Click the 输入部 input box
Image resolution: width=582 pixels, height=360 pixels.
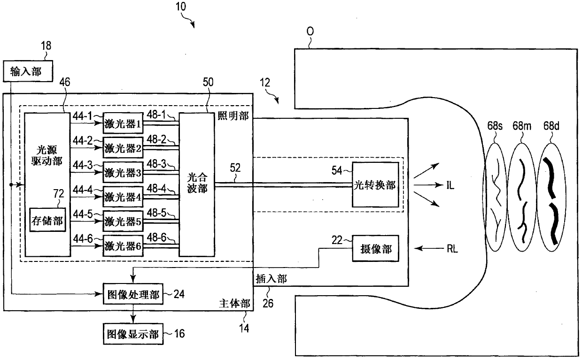[x=28, y=71]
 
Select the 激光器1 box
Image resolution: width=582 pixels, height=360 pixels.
[x=123, y=123]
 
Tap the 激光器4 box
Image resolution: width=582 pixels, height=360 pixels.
[x=123, y=197]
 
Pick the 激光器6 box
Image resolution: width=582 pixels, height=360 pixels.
[x=123, y=246]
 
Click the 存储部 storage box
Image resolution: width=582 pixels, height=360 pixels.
[x=47, y=220]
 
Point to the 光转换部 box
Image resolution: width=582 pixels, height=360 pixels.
[x=375, y=185]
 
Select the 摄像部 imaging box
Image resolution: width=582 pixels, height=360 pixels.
[x=375, y=248]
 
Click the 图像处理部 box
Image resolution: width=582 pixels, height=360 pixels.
[x=133, y=294]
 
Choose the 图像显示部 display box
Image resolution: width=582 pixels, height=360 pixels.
[x=133, y=334]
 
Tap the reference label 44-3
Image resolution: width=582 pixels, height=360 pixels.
[x=83, y=165]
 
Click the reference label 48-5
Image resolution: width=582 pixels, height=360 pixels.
[x=156, y=213]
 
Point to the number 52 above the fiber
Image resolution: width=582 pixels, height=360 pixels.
[x=235, y=168]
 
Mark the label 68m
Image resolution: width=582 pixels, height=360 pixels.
[x=522, y=126]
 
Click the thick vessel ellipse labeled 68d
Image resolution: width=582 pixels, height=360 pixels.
[x=551, y=197]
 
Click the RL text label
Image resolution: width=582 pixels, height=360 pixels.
[x=452, y=249]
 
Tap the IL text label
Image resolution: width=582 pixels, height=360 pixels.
[x=450, y=185]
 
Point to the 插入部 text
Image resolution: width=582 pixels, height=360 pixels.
[x=271, y=279]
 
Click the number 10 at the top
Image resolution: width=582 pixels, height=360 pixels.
[x=181, y=7]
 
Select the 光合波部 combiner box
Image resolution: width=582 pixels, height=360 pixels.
[x=197, y=184]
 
